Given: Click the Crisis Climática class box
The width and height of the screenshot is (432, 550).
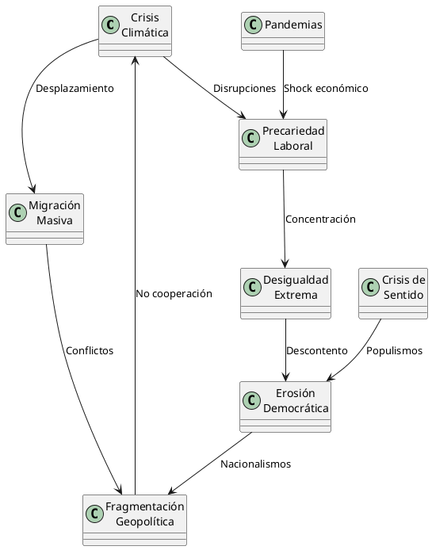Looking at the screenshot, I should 135,31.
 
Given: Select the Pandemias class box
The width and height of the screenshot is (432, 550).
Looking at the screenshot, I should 283,31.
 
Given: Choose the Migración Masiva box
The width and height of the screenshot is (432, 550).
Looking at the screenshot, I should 44,218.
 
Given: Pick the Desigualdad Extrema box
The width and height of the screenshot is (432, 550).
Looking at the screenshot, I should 285,292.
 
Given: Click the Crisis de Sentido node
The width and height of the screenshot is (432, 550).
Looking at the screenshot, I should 393,292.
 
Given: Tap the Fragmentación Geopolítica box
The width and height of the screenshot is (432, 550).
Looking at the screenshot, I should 135,519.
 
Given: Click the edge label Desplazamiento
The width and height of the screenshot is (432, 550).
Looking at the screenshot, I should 75,88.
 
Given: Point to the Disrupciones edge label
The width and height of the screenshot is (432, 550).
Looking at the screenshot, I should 244,88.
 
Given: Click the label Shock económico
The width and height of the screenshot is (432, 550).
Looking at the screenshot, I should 326,88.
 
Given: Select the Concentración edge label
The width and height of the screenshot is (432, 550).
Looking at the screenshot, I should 320,219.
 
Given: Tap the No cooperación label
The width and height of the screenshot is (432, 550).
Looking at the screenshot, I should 174,293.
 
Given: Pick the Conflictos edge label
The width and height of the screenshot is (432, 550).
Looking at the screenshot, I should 90,350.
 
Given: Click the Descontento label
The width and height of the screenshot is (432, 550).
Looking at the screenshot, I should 316,350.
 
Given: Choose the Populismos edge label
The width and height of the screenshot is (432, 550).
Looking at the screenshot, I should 395,350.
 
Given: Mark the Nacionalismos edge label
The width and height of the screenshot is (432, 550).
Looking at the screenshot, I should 255,464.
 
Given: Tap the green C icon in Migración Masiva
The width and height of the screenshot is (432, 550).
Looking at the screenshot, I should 18,212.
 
